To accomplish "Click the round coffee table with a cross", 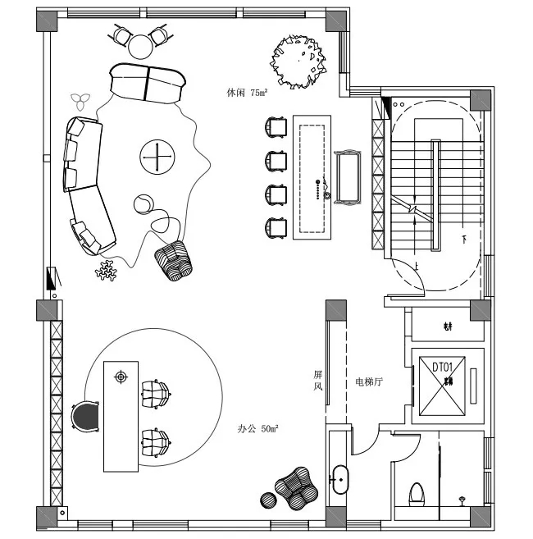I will (x=157, y=156).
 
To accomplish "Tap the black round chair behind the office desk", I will (x=85, y=416).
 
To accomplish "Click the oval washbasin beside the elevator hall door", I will (x=340, y=479).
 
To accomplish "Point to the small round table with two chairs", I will (x=140, y=39).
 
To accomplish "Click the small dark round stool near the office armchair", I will (x=268, y=499).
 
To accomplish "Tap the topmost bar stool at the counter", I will (x=276, y=126).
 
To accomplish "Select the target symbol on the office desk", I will (x=121, y=377).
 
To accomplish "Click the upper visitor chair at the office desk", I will (x=157, y=394).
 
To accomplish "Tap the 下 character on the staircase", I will (x=464, y=240).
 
